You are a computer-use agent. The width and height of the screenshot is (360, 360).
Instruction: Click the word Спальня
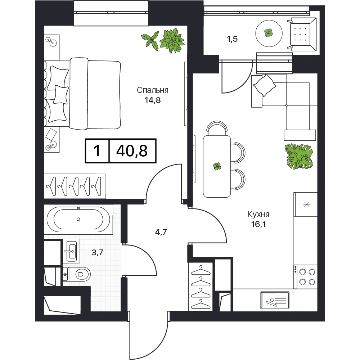coord(152,90)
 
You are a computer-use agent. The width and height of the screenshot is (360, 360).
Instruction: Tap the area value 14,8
coord(152,100)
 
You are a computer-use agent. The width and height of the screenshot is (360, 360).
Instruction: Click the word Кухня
coord(258,215)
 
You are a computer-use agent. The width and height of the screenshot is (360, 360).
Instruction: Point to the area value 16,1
coord(258,224)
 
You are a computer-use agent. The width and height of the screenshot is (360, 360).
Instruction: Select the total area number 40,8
coord(132,151)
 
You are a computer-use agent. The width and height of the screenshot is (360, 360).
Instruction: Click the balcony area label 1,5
coord(232,39)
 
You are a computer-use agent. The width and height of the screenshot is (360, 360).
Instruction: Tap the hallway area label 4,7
coord(161,232)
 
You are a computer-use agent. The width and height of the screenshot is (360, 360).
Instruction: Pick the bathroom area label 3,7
coord(97,253)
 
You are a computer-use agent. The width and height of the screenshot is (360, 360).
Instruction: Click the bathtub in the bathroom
coord(78,219)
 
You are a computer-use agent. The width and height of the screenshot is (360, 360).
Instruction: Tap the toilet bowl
coord(77,274)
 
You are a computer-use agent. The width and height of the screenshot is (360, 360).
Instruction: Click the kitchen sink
coord(275,300)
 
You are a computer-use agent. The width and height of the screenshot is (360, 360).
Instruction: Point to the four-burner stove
coord(306,276)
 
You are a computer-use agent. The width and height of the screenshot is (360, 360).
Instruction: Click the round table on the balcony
coord(269,33)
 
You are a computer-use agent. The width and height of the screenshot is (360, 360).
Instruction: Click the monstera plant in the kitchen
coord(298,157)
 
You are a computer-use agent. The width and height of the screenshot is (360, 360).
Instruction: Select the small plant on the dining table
coord(217,166)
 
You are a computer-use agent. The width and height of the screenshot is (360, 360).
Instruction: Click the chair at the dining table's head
coord(217,128)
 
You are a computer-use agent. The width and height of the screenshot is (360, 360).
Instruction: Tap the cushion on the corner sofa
coord(265,85)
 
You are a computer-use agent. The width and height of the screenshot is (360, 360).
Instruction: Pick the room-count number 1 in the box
coord(97,151)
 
